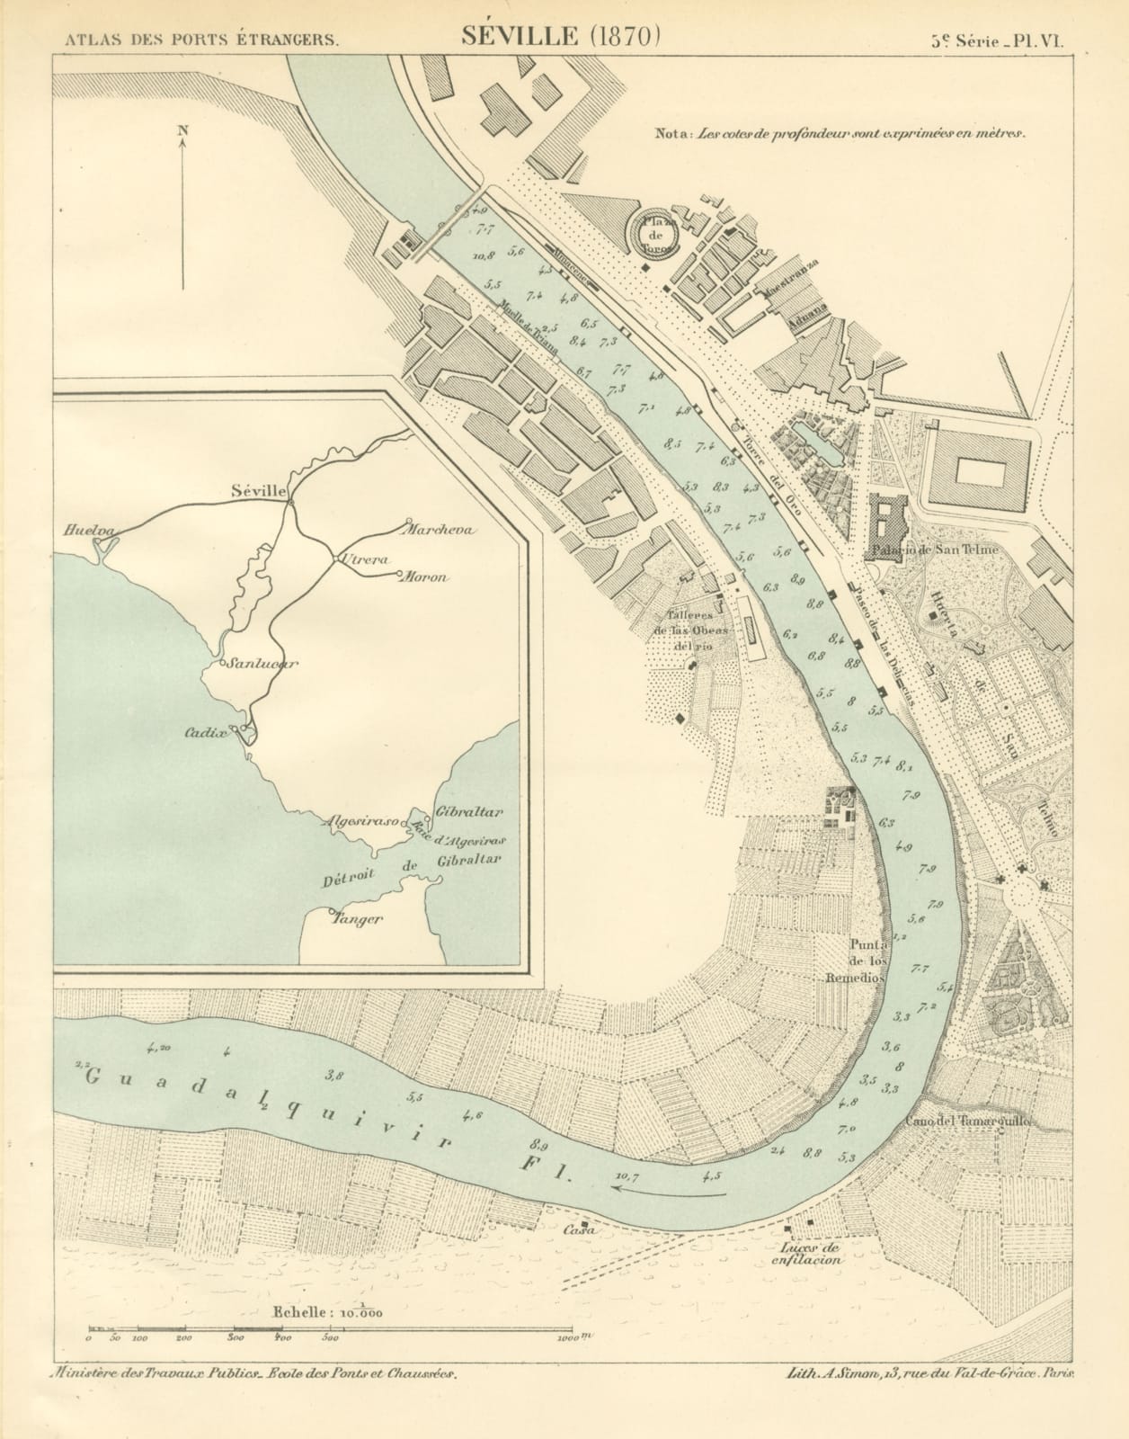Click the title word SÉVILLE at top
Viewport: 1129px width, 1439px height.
point(519,35)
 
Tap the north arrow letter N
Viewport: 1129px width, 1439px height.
point(183,130)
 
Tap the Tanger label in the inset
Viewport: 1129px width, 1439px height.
point(358,919)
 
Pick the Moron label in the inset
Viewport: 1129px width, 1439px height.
point(425,577)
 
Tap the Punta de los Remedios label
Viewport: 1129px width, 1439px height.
point(868,961)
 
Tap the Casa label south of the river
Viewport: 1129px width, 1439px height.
point(578,1230)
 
